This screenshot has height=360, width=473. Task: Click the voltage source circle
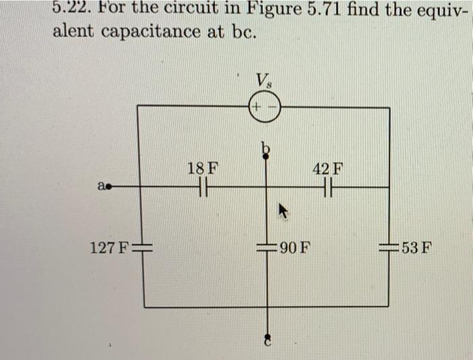[264, 107]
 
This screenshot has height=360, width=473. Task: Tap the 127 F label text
[108, 247]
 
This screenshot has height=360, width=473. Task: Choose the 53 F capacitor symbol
[389, 247]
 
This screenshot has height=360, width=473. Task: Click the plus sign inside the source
[257, 107]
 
